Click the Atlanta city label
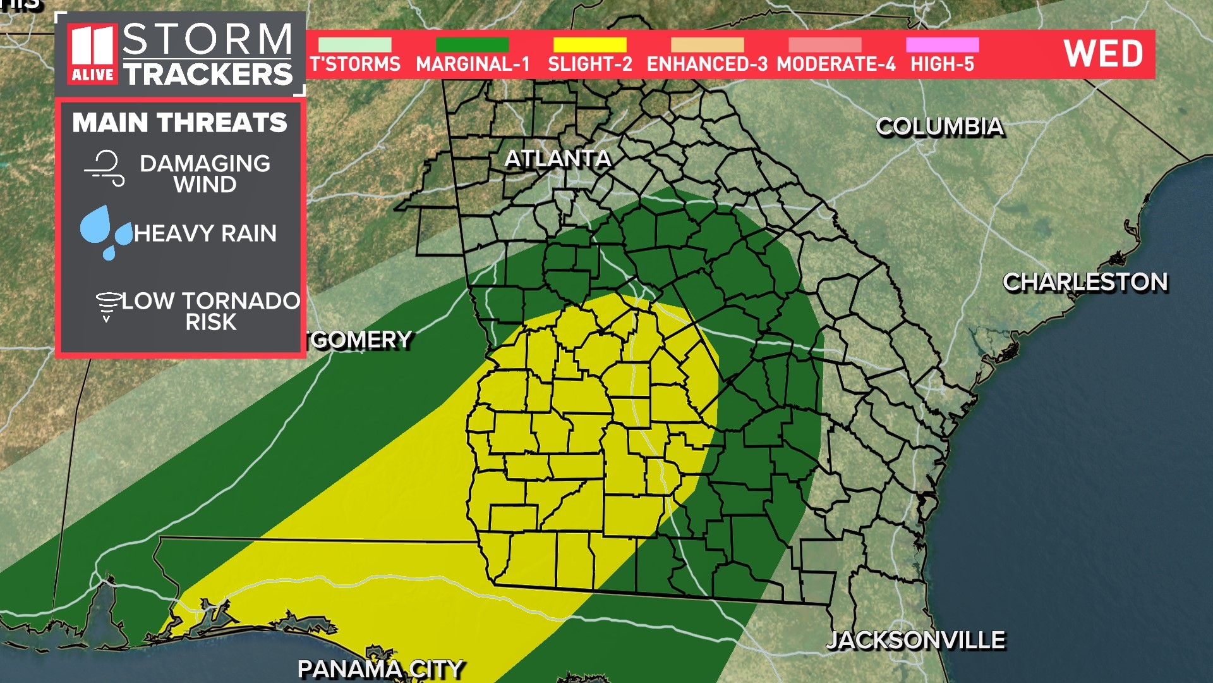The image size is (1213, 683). coord(558,158)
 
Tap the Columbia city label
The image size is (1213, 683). coord(939,126)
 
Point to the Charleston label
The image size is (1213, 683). coord(1085,282)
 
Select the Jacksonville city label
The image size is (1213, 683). coord(915,640)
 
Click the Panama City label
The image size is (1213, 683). coord(380,669)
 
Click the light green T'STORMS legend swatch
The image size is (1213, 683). coord(354,45)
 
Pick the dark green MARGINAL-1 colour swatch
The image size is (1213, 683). coord(472,45)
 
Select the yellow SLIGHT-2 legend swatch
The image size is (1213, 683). coord(589,45)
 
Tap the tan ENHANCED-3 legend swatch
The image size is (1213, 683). coord(707,45)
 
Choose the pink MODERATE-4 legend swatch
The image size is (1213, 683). coord(824,45)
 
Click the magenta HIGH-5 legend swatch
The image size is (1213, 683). coord(942,45)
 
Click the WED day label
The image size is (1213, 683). coord(1103,53)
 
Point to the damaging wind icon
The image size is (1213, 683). coord(105,168)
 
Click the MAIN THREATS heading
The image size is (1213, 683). coord(179,123)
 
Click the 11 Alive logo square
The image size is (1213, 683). coord(92,54)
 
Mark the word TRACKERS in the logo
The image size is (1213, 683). coord(208,75)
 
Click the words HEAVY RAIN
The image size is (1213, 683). coord(205,233)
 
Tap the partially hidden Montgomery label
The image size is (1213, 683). coord(359,340)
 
